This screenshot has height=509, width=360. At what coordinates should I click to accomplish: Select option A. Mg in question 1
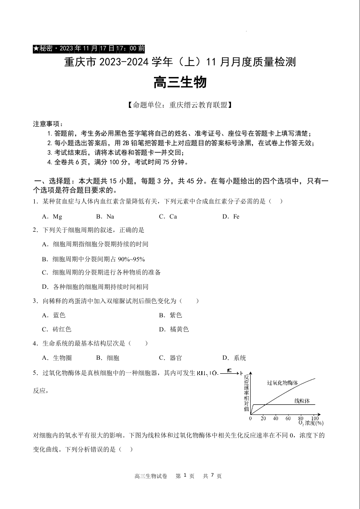[x=51, y=217]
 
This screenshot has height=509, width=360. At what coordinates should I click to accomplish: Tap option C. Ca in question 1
[x=168, y=217]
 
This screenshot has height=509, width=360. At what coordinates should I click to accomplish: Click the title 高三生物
[x=180, y=82]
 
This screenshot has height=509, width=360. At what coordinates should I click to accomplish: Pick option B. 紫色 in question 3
[x=170, y=315]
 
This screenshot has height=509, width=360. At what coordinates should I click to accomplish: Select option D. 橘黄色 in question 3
[x=174, y=329]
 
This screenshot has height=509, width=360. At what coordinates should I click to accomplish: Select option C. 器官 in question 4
[x=170, y=358]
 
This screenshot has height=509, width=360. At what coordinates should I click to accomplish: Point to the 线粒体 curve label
[x=302, y=401]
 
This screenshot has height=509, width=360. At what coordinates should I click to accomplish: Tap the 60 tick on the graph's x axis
[x=288, y=418]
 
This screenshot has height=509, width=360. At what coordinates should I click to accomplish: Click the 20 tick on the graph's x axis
[x=263, y=418]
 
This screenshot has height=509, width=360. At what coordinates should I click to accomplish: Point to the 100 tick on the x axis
[x=314, y=418]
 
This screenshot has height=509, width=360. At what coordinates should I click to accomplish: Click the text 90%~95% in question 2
[x=131, y=259]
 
